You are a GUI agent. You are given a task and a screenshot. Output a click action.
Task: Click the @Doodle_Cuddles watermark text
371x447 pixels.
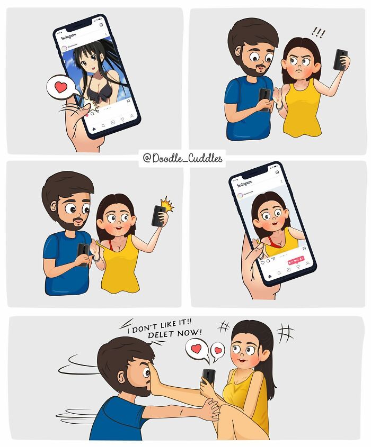pyautogui.click(x=182, y=158)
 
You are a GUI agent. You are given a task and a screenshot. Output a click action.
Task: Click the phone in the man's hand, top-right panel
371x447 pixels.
pyautogui.click(x=264, y=98)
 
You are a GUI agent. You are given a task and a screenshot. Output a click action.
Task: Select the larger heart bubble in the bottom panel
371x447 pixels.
pyautogui.click(x=196, y=349)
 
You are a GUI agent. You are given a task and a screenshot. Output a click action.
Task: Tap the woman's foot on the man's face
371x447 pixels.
pyautogui.click(x=159, y=380)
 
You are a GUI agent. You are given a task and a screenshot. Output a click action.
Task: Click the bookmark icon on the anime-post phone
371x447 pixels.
pyautogui.click(x=128, y=101)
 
